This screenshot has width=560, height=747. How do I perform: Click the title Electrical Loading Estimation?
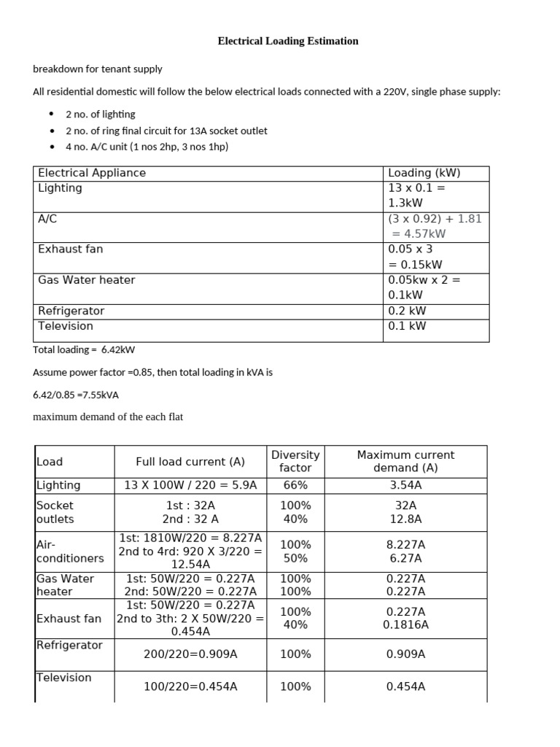pyautogui.click(x=288, y=41)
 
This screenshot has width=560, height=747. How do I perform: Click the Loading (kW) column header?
pyautogui.click(x=424, y=173)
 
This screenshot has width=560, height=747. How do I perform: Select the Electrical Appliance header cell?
pyautogui.click(x=92, y=173)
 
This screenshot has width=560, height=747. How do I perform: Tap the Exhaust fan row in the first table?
pyautogui.click(x=71, y=249)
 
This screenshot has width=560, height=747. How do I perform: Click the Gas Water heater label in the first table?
pyautogui.click(x=86, y=279)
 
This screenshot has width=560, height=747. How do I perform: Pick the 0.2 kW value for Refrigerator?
pyautogui.click(x=407, y=310)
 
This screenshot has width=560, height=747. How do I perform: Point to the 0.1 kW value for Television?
pyautogui.click(x=407, y=325)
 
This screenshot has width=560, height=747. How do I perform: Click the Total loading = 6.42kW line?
pyautogui.click(x=84, y=349)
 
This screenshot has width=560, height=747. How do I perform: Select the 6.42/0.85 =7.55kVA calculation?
pyautogui.click(x=76, y=395)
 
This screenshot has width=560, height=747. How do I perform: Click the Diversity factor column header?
pyautogui.click(x=295, y=461)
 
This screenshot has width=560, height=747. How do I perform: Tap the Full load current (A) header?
pyautogui.click(x=190, y=461)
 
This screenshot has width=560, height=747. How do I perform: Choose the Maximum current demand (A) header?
pyautogui.click(x=405, y=461)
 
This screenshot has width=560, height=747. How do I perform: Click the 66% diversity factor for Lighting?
pyautogui.click(x=295, y=485)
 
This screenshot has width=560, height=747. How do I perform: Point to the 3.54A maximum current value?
pyautogui.click(x=405, y=485)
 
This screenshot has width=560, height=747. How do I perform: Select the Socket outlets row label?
pyautogui.click(x=55, y=512)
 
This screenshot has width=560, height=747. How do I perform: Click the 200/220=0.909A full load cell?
pyautogui.click(x=190, y=654)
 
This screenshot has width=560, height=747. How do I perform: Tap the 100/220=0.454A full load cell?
pyautogui.click(x=190, y=686)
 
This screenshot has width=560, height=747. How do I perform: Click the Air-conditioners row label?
pyautogui.click(x=69, y=551)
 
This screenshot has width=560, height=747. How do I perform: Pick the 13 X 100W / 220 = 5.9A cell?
pyautogui.click(x=190, y=485)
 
